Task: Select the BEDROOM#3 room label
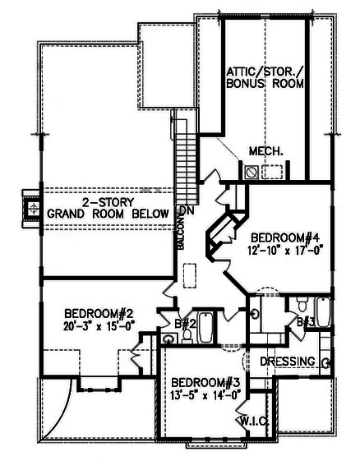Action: click(x=206, y=383)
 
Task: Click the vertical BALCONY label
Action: click(x=179, y=234)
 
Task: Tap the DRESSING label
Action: click(x=288, y=361)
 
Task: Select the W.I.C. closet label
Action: click(x=252, y=421)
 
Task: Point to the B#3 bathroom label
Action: click(x=306, y=321)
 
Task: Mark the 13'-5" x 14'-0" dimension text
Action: click(x=205, y=395)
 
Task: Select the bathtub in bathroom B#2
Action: click(x=205, y=329)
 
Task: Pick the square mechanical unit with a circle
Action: click(x=252, y=172)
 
